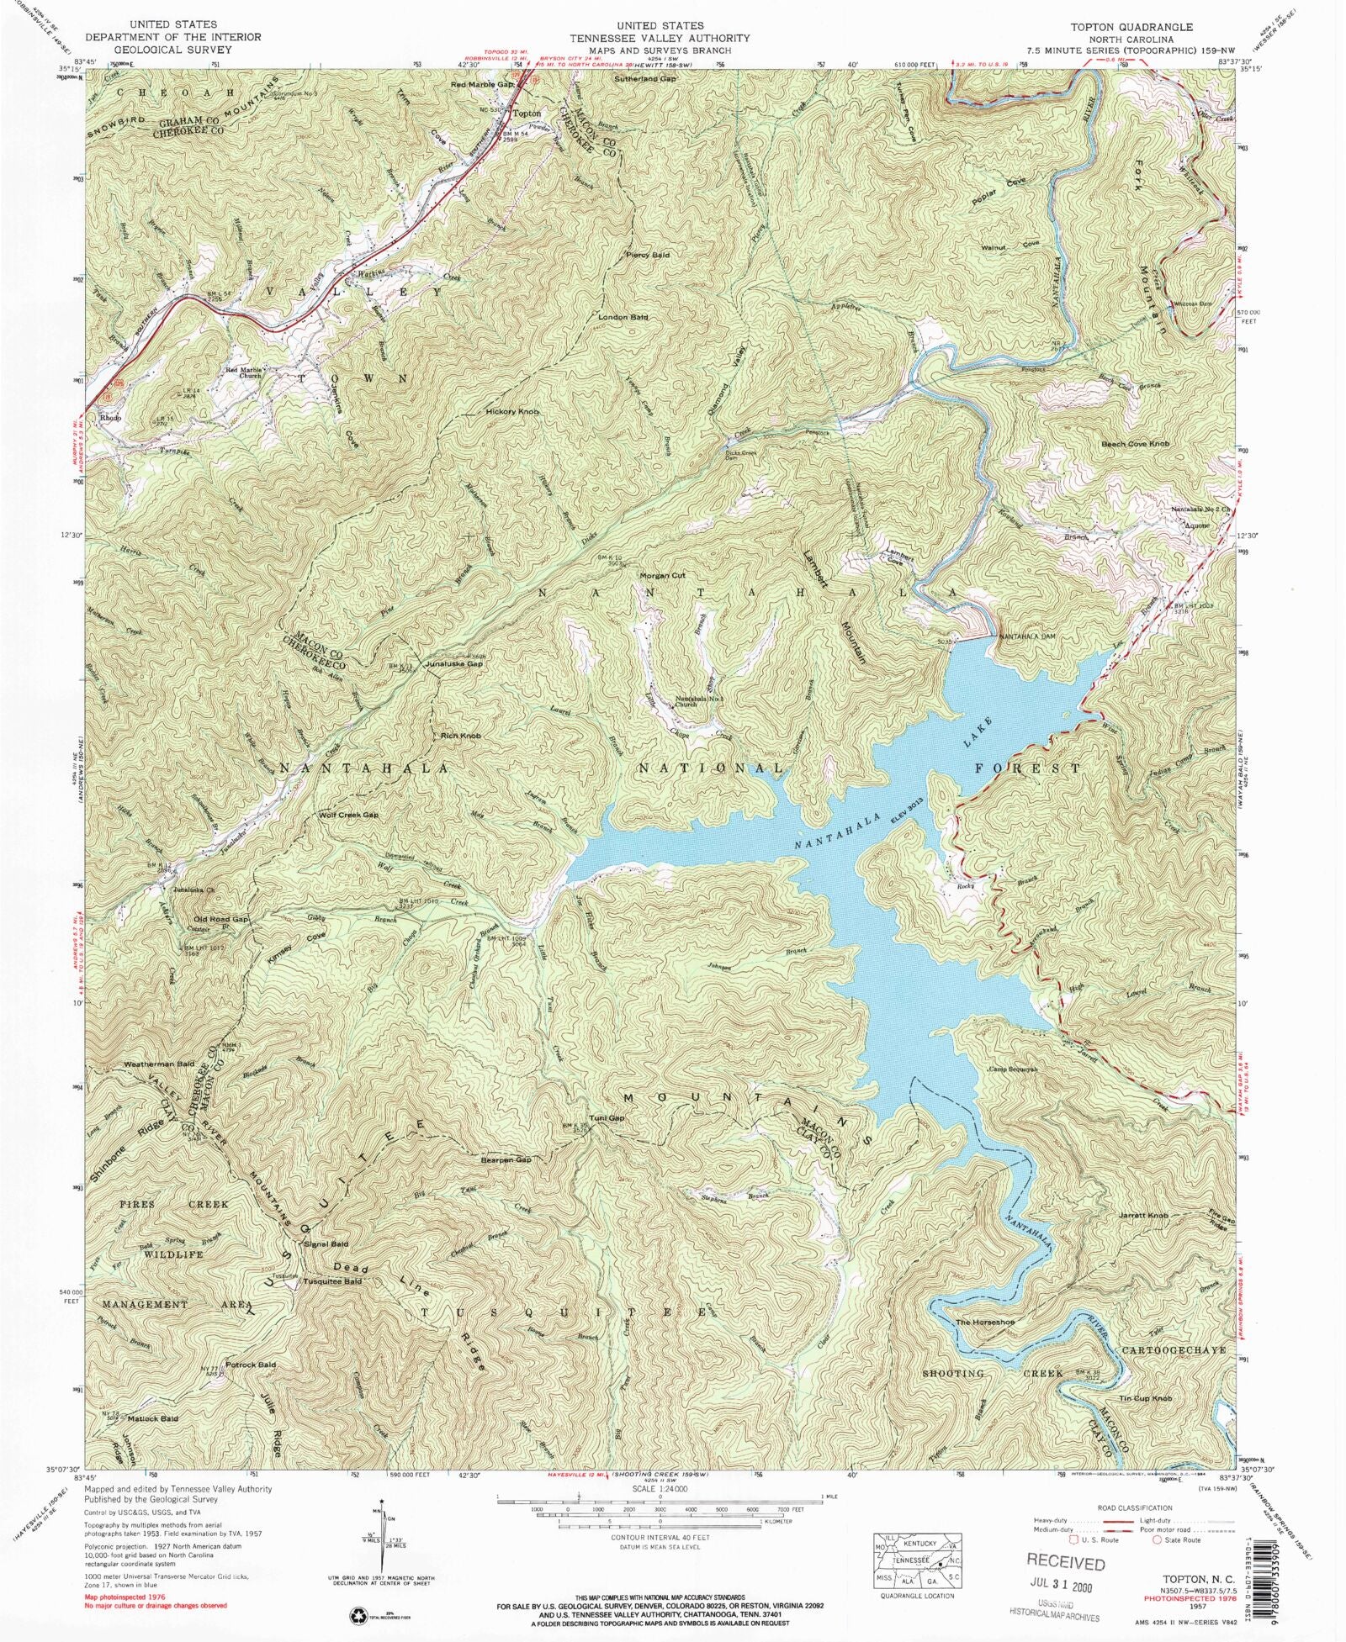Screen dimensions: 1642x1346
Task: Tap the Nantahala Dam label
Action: [1026, 637]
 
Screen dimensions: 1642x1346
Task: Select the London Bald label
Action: [623, 317]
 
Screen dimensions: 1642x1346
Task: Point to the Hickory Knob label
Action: [511, 412]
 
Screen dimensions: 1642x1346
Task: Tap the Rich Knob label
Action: [461, 736]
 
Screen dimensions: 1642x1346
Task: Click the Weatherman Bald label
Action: [160, 1064]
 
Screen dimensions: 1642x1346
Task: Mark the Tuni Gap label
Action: [607, 1118]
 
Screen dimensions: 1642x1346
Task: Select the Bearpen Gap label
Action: [506, 1160]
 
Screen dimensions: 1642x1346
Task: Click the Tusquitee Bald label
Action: [333, 1281]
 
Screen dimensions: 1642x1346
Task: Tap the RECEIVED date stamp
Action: [1065, 1563]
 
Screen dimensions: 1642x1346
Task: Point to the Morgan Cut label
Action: [664, 576]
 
